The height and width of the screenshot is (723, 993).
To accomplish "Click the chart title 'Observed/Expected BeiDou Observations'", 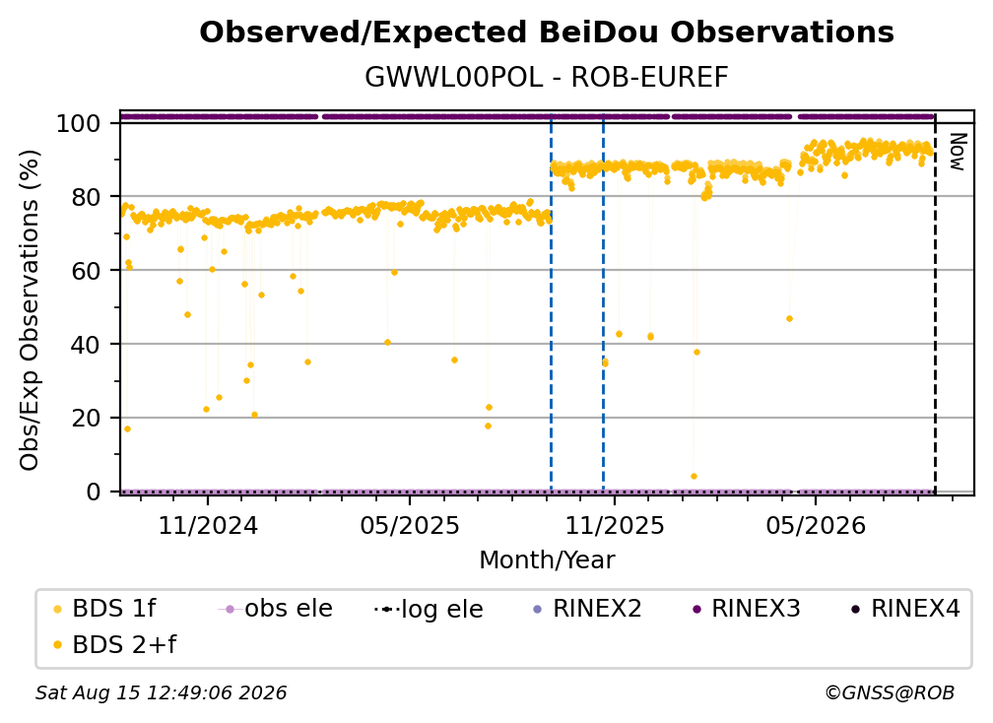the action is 547,33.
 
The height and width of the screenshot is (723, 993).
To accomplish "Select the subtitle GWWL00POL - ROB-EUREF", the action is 547,78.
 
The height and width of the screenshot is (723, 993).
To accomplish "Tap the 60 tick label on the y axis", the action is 86,270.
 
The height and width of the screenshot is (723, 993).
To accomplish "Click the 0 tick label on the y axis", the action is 94,492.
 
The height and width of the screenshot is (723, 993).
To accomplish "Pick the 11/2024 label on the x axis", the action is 208,525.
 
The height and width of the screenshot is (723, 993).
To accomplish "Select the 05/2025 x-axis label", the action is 410,525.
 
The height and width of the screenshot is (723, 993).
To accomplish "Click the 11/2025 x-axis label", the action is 614,525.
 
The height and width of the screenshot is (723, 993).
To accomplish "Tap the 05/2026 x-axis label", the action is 816,525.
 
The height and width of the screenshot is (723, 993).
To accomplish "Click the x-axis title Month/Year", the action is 547,560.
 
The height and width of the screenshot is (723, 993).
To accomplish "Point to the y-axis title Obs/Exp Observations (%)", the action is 30,310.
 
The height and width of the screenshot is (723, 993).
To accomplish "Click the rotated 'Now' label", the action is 958,152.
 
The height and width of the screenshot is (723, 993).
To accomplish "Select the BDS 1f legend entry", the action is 104,609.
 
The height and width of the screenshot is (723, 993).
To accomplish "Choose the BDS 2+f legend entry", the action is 114,644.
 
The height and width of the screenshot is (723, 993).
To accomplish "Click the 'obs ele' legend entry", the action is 276,609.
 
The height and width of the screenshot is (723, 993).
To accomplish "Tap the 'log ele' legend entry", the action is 429,609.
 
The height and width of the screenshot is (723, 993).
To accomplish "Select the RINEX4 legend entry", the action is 905,609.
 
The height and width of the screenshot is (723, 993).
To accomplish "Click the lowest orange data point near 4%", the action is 694,476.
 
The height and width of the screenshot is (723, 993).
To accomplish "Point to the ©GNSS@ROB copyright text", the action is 890,693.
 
